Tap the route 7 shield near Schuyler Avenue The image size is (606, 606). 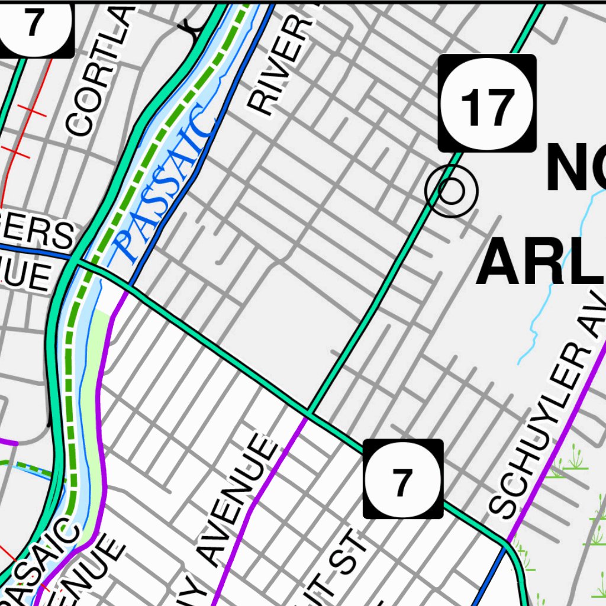pyautogui.click(x=403, y=479)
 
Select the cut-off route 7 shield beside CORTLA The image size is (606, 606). pyautogui.click(x=36, y=27)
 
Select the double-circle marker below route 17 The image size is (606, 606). pyautogui.click(x=451, y=191)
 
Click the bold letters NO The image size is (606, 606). pyautogui.click(x=574, y=169)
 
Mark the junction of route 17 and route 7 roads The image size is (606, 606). pyautogui.click(x=309, y=412)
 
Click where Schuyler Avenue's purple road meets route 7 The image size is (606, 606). pyautogui.click(x=507, y=541)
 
